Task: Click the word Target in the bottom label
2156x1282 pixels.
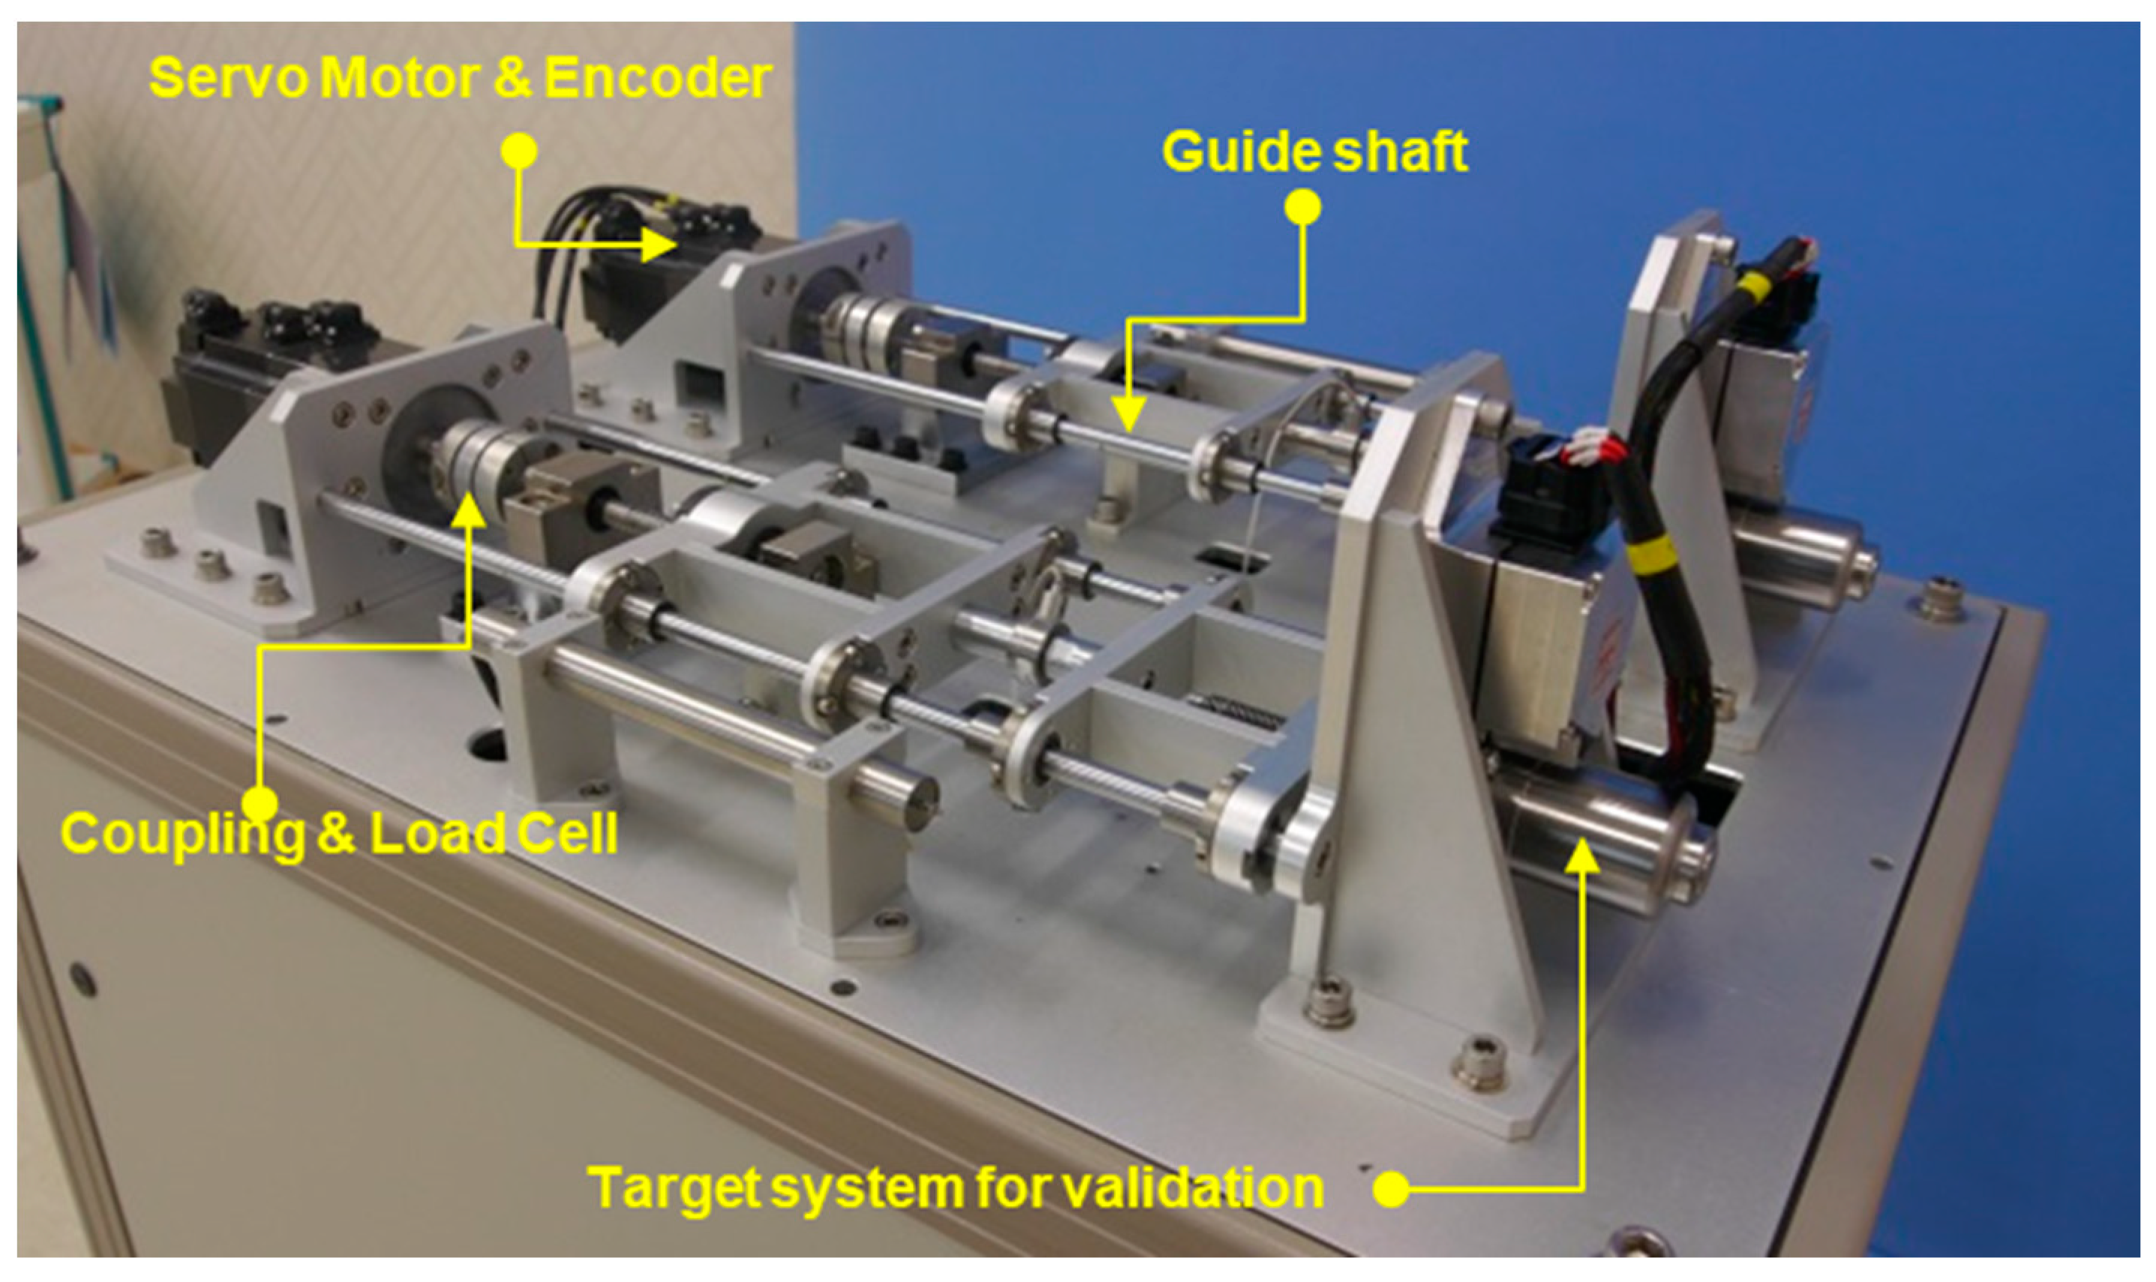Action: pyautogui.click(x=674, y=1190)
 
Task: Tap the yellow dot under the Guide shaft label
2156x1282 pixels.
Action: pyautogui.click(x=1303, y=207)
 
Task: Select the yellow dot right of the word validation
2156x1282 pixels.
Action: pyautogui.click(x=1391, y=1189)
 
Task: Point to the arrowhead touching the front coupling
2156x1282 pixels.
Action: pyautogui.click(x=469, y=511)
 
